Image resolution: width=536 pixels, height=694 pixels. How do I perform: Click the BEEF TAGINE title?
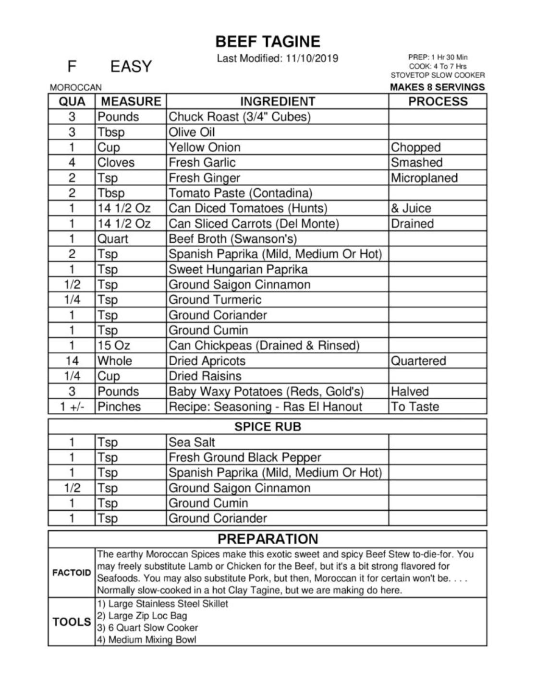pyautogui.click(x=268, y=42)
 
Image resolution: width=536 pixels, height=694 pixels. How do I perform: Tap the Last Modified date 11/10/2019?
pyautogui.click(x=312, y=59)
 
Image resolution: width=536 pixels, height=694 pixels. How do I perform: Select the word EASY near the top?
pyautogui.click(x=131, y=66)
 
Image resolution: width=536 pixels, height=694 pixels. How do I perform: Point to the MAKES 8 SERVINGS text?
pyautogui.click(x=437, y=87)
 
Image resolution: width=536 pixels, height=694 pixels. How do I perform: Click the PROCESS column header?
pyautogui.click(x=437, y=101)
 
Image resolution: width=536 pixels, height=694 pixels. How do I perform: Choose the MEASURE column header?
pyautogui.click(x=131, y=101)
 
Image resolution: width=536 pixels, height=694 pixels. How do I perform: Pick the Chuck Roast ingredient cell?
pyautogui.click(x=239, y=117)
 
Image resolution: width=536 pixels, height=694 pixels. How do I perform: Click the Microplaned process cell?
pyautogui.click(x=424, y=178)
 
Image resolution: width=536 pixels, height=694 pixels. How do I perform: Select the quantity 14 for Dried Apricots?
pyautogui.click(x=72, y=361)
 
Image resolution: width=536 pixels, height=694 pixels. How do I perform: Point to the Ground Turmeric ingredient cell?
pyautogui.click(x=215, y=300)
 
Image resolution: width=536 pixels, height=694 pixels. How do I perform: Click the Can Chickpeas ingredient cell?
pyautogui.click(x=264, y=346)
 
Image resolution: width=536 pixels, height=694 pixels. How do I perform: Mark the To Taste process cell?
pyautogui.click(x=415, y=407)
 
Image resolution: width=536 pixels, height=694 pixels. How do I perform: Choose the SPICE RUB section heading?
pyautogui.click(x=268, y=427)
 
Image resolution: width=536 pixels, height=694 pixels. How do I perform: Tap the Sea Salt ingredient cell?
pyautogui.click(x=192, y=442)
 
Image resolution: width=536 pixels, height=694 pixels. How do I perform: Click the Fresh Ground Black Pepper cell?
pyautogui.click(x=244, y=457)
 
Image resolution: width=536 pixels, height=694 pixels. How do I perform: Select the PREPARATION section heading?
pyautogui.click(x=268, y=538)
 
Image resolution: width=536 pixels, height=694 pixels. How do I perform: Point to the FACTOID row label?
pyautogui.click(x=72, y=573)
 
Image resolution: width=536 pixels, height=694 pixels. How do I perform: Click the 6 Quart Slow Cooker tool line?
pyautogui.click(x=148, y=628)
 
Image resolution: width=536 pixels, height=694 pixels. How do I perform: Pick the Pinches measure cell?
pyautogui.click(x=119, y=407)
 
